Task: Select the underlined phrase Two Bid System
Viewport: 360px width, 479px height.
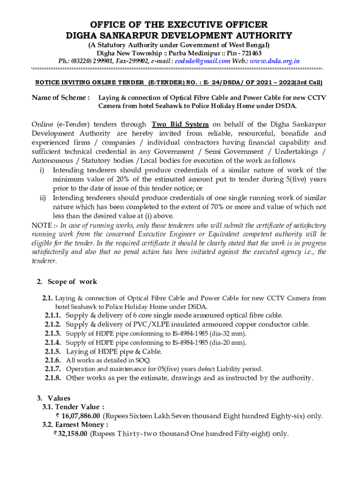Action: coord(180,124)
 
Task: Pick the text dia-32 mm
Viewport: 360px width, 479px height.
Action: coord(227,334)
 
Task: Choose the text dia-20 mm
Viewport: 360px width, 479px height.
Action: coord(227,342)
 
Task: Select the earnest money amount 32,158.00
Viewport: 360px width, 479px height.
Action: coord(72,434)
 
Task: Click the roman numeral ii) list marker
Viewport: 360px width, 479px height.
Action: coord(43,198)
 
